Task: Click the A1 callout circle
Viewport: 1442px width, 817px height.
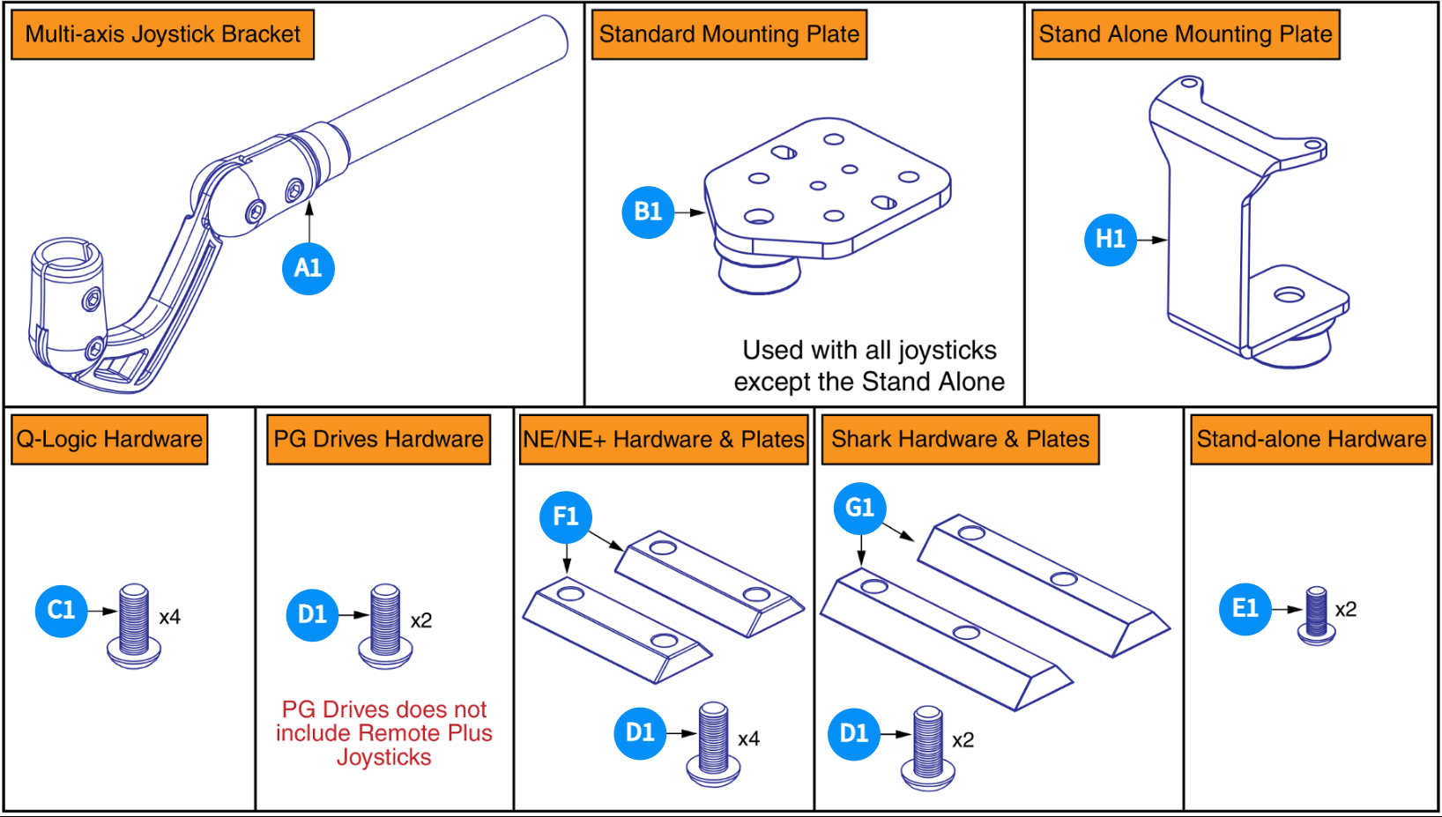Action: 308,268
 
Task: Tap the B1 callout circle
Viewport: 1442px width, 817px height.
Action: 648,212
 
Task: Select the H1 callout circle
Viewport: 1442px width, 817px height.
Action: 1110,239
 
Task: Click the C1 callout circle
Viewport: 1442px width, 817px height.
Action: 61,610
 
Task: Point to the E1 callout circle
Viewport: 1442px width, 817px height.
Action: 1245,608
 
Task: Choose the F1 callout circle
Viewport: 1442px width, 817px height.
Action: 565,516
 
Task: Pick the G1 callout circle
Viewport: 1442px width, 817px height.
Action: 859,508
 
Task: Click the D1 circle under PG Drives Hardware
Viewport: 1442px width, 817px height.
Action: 312,614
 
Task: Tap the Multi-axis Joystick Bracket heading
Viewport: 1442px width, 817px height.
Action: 162,34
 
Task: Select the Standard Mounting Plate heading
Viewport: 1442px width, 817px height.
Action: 729,34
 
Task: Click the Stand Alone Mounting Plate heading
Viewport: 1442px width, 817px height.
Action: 1185,34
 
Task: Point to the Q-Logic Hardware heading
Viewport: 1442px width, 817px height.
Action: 110,439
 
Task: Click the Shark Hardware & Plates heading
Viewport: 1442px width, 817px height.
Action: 960,439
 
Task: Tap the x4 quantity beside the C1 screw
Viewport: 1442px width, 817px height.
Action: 170,617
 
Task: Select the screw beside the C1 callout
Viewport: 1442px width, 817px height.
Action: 134,625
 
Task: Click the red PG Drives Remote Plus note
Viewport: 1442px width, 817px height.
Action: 384,733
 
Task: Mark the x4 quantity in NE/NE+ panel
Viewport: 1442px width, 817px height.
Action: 748,739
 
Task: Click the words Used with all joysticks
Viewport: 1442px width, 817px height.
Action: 869,351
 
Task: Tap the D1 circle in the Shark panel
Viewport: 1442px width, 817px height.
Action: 853,733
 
